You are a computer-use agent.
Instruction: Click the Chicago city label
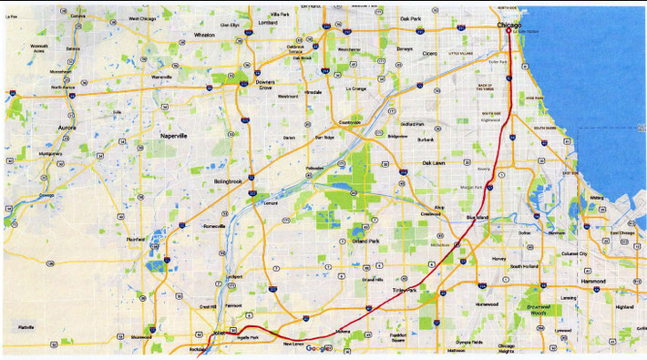click(x=509, y=25)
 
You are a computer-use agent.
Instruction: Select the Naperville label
click(x=173, y=135)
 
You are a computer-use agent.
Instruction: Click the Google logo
click(x=317, y=349)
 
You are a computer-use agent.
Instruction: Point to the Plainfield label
click(x=135, y=240)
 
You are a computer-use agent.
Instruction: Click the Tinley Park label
click(x=404, y=290)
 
